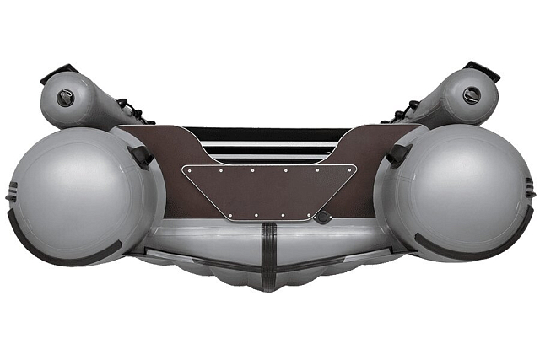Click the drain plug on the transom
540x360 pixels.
click(x=322, y=217)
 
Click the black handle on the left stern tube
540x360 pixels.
click(x=141, y=155)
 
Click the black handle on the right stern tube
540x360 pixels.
click(x=397, y=154)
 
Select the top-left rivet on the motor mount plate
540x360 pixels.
click(x=191, y=169)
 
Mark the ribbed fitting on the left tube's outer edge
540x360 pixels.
click(x=11, y=190)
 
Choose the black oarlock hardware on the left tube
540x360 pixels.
click(x=132, y=110)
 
